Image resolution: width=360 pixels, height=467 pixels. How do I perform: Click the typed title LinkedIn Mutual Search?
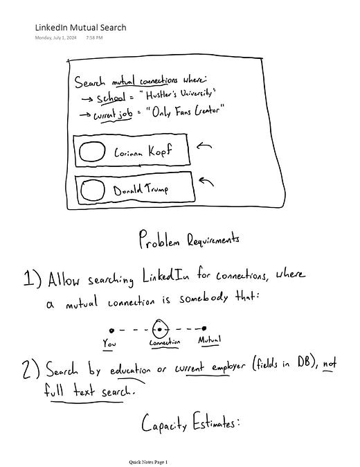click(80, 28)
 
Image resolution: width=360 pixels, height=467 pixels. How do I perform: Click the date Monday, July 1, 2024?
click(55, 37)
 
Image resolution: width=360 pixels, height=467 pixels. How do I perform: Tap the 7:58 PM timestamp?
click(94, 37)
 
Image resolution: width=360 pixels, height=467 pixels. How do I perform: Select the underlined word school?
click(111, 98)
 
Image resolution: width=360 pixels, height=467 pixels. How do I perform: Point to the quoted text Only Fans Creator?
click(185, 112)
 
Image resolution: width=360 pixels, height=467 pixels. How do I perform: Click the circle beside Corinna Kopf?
click(92, 151)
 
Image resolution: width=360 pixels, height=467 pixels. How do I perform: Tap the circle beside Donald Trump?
click(93, 190)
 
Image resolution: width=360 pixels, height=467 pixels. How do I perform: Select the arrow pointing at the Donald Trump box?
click(206, 182)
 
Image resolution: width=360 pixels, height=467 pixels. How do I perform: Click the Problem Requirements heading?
click(189, 239)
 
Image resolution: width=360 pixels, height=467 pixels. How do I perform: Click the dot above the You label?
click(111, 331)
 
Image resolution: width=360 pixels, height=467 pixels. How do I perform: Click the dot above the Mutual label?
click(204, 328)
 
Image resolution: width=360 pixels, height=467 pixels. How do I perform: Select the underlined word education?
click(130, 370)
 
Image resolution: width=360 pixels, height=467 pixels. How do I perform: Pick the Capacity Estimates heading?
click(190, 423)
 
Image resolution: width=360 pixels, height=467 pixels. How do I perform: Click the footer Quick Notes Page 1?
click(148, 462)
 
